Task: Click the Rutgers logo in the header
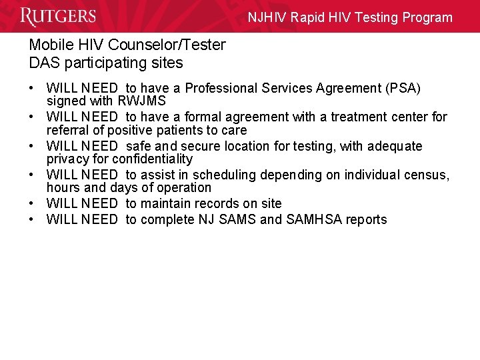58,17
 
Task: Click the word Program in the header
426,18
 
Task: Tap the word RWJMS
142,101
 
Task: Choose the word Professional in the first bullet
224,88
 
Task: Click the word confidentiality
152,159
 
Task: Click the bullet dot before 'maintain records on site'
32,203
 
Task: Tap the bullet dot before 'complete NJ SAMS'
32,219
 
